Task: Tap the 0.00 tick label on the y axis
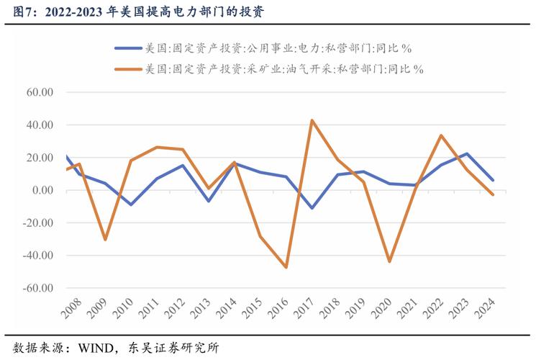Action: pyautogui.click(x=42, y=190)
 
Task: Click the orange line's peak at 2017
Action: pyautogui.click(x=312, y=120)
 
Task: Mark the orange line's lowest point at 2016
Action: pyautogui.click(x=286, y=267)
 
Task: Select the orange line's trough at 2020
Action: pyautogui.click(x=389, y=261)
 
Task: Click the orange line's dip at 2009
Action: pyautogui.click(x=105, y=239)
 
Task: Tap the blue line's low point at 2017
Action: pyautogui.click(x=312, y=208)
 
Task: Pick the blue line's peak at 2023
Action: pyautogui.click(x=467, y=153)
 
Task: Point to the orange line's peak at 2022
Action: pyautogui.click(x=441, y=135)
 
